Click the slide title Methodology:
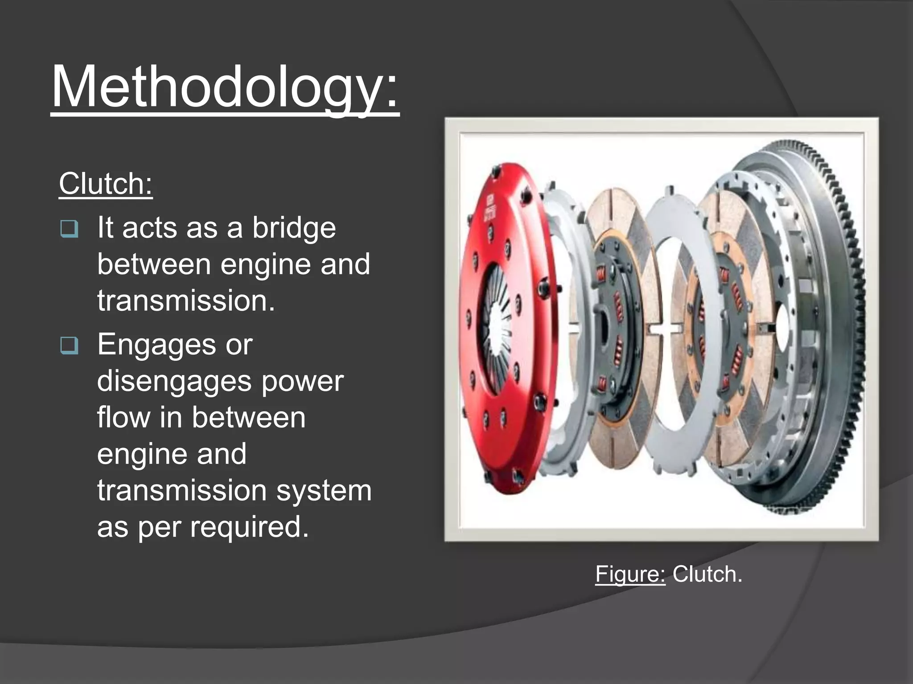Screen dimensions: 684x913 coord(225,87)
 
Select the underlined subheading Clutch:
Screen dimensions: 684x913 coord(106,184)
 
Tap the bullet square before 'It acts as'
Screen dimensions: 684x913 coord(69,229)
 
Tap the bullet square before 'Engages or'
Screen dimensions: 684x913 coord(69,346)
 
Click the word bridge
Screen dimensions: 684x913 coord(294,228)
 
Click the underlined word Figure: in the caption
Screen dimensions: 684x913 coord(630,574)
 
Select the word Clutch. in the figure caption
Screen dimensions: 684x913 coord(707,574)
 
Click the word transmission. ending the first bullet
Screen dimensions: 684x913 coord(186,301)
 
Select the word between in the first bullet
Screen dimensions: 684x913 coord(153,265)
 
